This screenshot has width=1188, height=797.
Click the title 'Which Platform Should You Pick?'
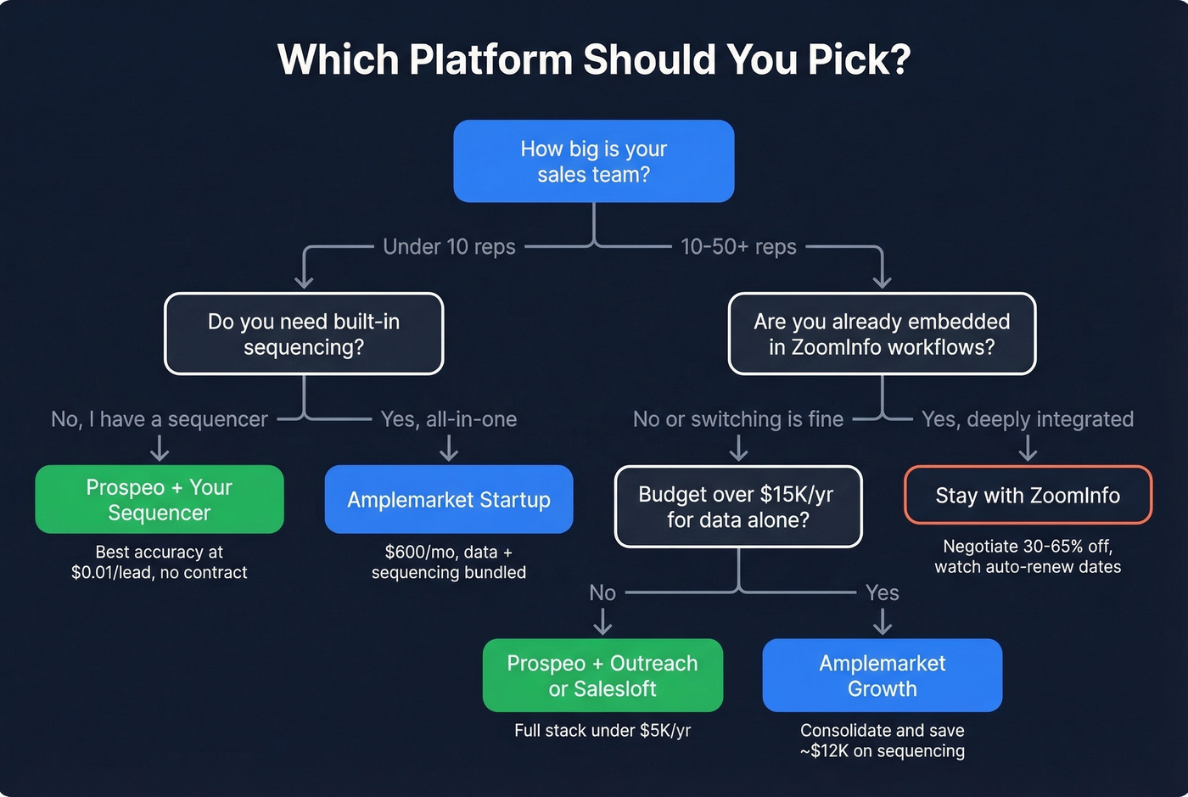[x=594, y=59]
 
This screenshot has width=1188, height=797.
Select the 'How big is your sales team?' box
[x=594, y=161]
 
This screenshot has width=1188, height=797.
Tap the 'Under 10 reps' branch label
[x=449, y=247]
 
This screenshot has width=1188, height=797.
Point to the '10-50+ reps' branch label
[x=738, y=247]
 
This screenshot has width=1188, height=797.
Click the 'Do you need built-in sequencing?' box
[x=304, y=334]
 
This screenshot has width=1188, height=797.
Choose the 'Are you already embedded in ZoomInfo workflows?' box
[x=882, y=334]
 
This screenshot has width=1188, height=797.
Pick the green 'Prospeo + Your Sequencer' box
[x=160, y=499]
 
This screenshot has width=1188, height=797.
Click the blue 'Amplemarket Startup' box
[x=449, y=499]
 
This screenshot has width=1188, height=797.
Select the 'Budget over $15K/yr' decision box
[x=738, y=507]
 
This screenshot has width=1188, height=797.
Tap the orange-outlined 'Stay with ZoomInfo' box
[x=1028, y=495]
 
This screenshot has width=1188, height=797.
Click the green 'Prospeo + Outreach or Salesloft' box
[x=602, y=676]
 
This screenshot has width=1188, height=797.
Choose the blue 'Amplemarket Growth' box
[x=883, y=676]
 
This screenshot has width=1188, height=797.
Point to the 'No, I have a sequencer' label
[x=160, y=419]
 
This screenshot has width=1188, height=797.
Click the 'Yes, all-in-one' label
[x=449, y=419]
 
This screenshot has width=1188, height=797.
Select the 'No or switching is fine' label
[x=738, y=419]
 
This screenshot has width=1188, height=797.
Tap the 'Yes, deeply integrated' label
[x=1028, y=419]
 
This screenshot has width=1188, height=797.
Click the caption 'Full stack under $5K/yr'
[x=602, y=731]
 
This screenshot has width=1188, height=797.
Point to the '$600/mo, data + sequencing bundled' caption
[x=449, y=562]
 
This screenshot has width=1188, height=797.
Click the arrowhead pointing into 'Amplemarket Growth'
[x=883, y=629]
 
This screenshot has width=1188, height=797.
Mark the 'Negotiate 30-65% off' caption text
[x=1028, y=547]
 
